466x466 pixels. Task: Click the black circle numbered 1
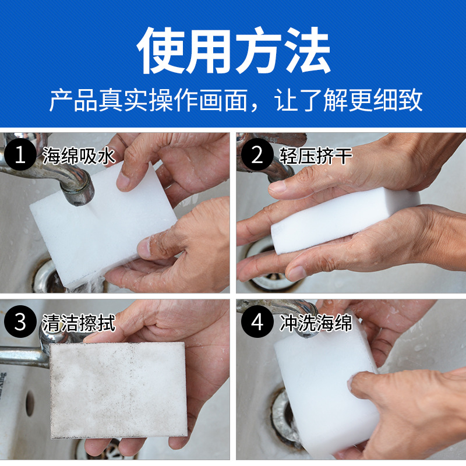[x=20, y=154]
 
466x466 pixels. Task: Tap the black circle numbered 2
[x=257, y=154]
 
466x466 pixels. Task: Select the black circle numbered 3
[x=20, y=322]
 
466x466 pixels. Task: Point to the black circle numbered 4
[x=257, y=322]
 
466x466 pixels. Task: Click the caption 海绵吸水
[x=79, y=156]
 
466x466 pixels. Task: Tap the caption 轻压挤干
[x=316, y=156]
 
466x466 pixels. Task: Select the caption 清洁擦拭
[x=79, y=323]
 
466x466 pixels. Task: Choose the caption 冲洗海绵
[x=316, y=323]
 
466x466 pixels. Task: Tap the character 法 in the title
[x=307, y=51]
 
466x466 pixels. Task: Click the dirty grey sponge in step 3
[x=118, y=390]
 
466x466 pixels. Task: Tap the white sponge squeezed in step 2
[x=345, y=220]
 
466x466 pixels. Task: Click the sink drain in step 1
[x=48, y=276]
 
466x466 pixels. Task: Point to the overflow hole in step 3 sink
[x=30, y=403]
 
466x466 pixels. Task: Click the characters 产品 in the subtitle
[x=73, y=100]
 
